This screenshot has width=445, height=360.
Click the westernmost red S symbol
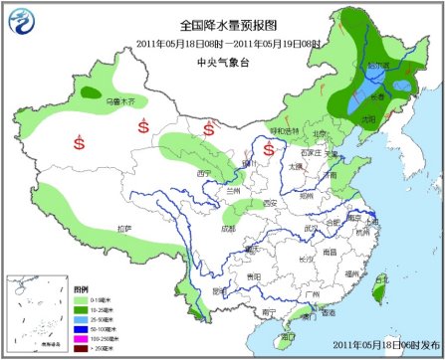click(x=79, y=142)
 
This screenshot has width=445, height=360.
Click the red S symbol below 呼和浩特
click(x=269, y=149)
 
